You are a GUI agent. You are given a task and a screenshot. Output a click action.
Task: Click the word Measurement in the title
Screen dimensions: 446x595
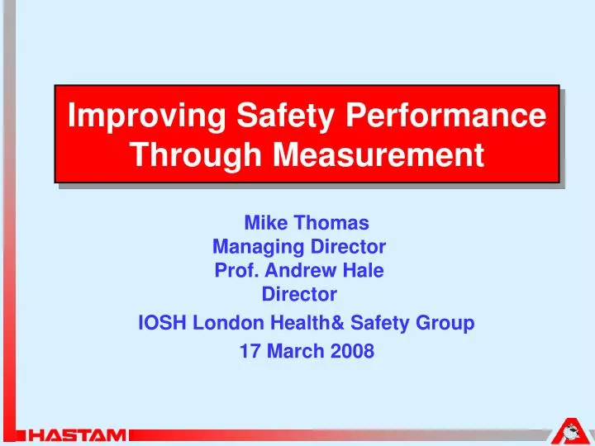click(376, 154)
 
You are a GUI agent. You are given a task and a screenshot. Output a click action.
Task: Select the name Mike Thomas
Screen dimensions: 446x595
click(306, 222)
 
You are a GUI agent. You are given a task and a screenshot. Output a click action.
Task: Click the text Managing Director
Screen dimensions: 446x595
click(300, 245)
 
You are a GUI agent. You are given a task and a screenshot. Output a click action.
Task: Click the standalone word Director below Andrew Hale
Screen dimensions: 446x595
click(299, 293)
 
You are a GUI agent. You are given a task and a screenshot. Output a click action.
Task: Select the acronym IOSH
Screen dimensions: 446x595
click(163, 323)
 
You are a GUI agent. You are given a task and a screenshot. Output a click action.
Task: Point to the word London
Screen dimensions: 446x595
click(226, 323)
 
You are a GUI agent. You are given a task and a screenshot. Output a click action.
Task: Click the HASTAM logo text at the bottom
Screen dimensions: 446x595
click(76, 434)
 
